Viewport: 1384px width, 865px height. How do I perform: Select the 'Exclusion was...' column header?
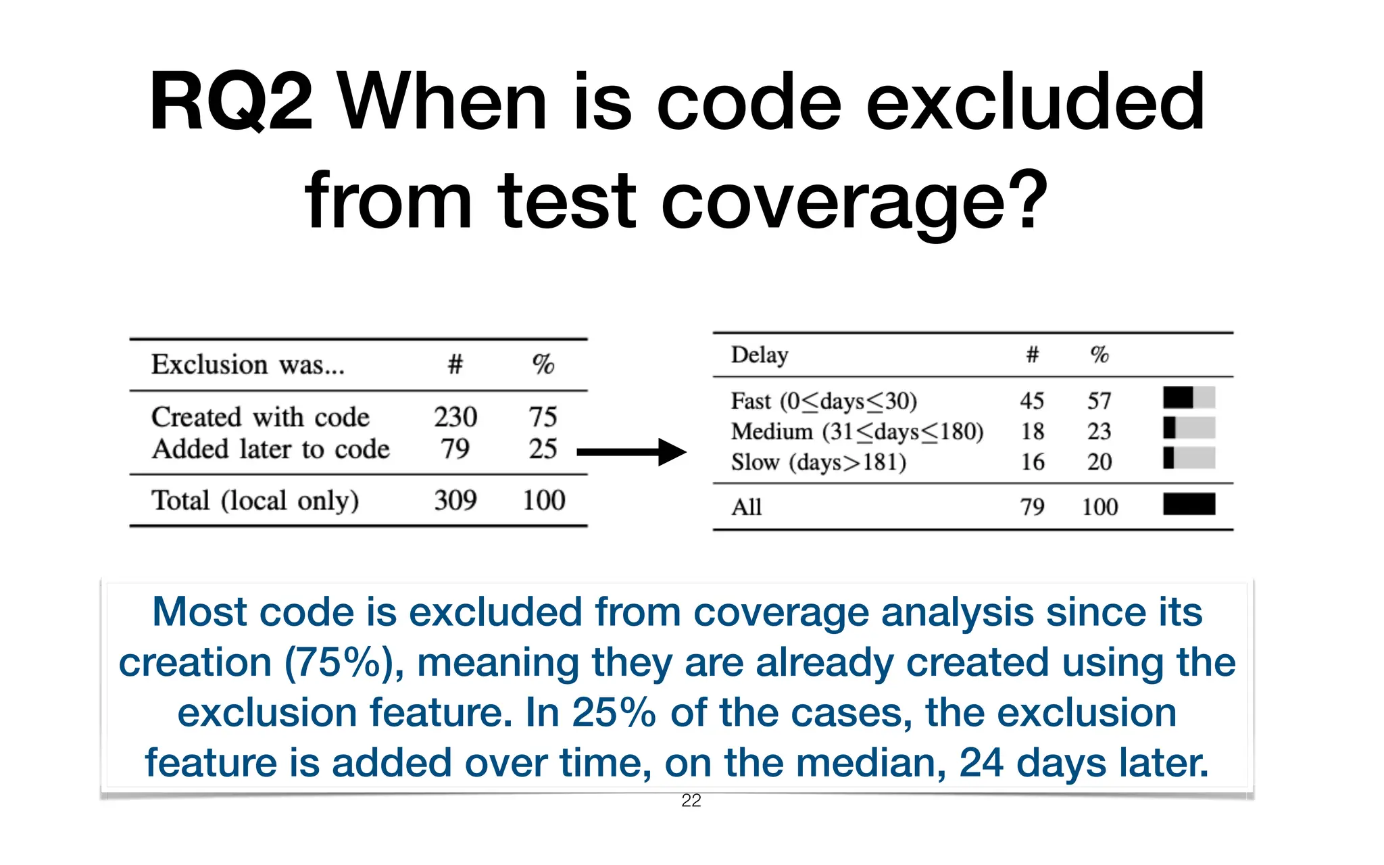[248, 365]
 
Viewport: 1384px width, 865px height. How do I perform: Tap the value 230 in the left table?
[455, 417]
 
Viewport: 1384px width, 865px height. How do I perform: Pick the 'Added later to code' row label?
[270, 449]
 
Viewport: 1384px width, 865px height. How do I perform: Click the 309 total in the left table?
[455, 500]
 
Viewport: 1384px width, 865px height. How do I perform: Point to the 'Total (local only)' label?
[255, 501]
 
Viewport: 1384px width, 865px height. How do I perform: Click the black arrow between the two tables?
[631, 452]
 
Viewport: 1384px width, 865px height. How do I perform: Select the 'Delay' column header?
[760, 355]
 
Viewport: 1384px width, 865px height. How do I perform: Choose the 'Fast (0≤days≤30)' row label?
[824, 401]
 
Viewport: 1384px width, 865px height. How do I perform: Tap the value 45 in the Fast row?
[1032, 401]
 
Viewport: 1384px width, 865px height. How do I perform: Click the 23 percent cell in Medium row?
[1099, 431]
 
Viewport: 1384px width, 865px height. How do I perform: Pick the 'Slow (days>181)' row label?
[818, 462]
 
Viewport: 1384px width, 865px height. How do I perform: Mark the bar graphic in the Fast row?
[1189, 397]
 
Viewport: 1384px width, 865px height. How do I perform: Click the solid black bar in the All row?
[1189, 504]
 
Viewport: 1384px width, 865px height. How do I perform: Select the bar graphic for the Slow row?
[1189, 458]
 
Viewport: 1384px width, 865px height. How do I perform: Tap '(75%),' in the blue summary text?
[344, 663]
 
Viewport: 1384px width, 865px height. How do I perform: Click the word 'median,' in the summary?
[885, 763]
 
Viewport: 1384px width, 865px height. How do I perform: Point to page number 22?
[691, 801]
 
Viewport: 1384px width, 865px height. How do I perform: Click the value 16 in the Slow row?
[1033, 462]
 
